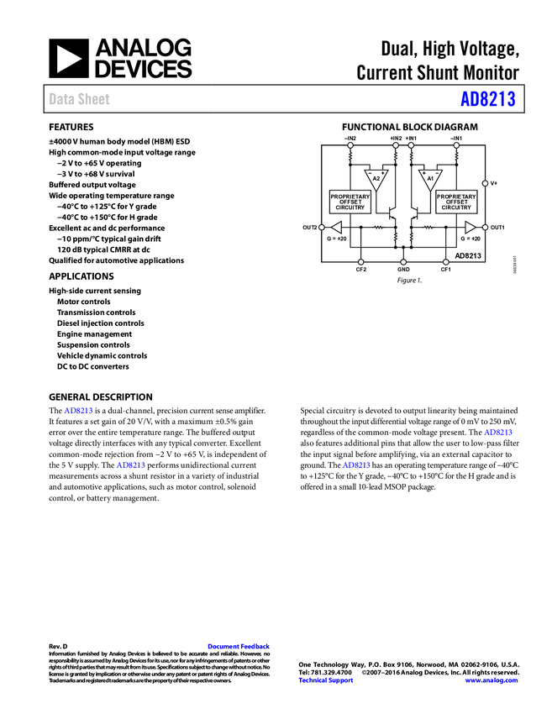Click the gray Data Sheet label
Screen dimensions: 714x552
click(80, 99)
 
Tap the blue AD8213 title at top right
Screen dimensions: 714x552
click(487, 99)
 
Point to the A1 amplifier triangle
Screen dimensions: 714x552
click(429, 179)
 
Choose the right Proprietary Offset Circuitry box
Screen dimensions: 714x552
click(456, 202)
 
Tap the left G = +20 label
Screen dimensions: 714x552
click(336, 239)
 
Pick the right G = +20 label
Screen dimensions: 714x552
click(471, 239)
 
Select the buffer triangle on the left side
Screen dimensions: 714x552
click(336, 227)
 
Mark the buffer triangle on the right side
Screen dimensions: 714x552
click(471, 227)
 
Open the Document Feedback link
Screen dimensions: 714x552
click(239, 647)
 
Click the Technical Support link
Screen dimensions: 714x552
click(326, 680)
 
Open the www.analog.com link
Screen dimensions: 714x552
click(492, 680)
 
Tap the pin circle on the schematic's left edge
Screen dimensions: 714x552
click(322, 227)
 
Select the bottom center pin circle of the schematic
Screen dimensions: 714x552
click(403, 262)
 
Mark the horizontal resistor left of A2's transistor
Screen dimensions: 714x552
click(379, 227)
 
